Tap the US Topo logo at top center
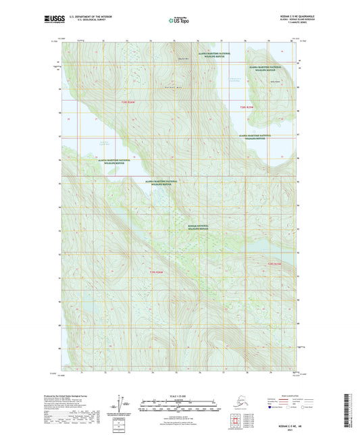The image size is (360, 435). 179,21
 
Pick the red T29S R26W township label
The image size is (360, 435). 155,272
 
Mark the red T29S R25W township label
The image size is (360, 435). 273,263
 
